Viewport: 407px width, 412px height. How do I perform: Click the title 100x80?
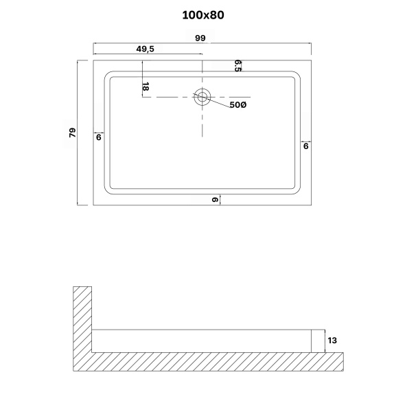click(x=203, y=14)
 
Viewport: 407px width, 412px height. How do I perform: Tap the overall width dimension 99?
click(x=201, y=38)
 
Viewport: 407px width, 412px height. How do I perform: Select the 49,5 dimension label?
click(x=144, y=49)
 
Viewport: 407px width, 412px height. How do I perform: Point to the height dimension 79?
click(x=71, y=132)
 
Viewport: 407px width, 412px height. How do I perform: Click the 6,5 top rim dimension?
click(x=237, y=65)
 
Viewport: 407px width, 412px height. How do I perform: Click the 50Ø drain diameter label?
click(x=238, y=105)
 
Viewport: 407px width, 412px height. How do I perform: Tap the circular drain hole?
click(x=202, y=97)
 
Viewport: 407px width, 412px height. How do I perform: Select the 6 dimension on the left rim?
click(x=99, y=138)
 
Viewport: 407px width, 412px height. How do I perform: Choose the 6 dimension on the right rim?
click(x=305, y=146)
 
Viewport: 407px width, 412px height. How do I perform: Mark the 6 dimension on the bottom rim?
click(x=215, y=200)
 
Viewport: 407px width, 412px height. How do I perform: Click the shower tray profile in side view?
click(x=206, y=341)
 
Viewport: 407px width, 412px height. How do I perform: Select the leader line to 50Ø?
click(x=219, y=103)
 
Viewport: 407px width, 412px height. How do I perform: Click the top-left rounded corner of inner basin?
click(x=109, y=76)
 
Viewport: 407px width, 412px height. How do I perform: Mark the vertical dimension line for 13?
click(x=323, y=341)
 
